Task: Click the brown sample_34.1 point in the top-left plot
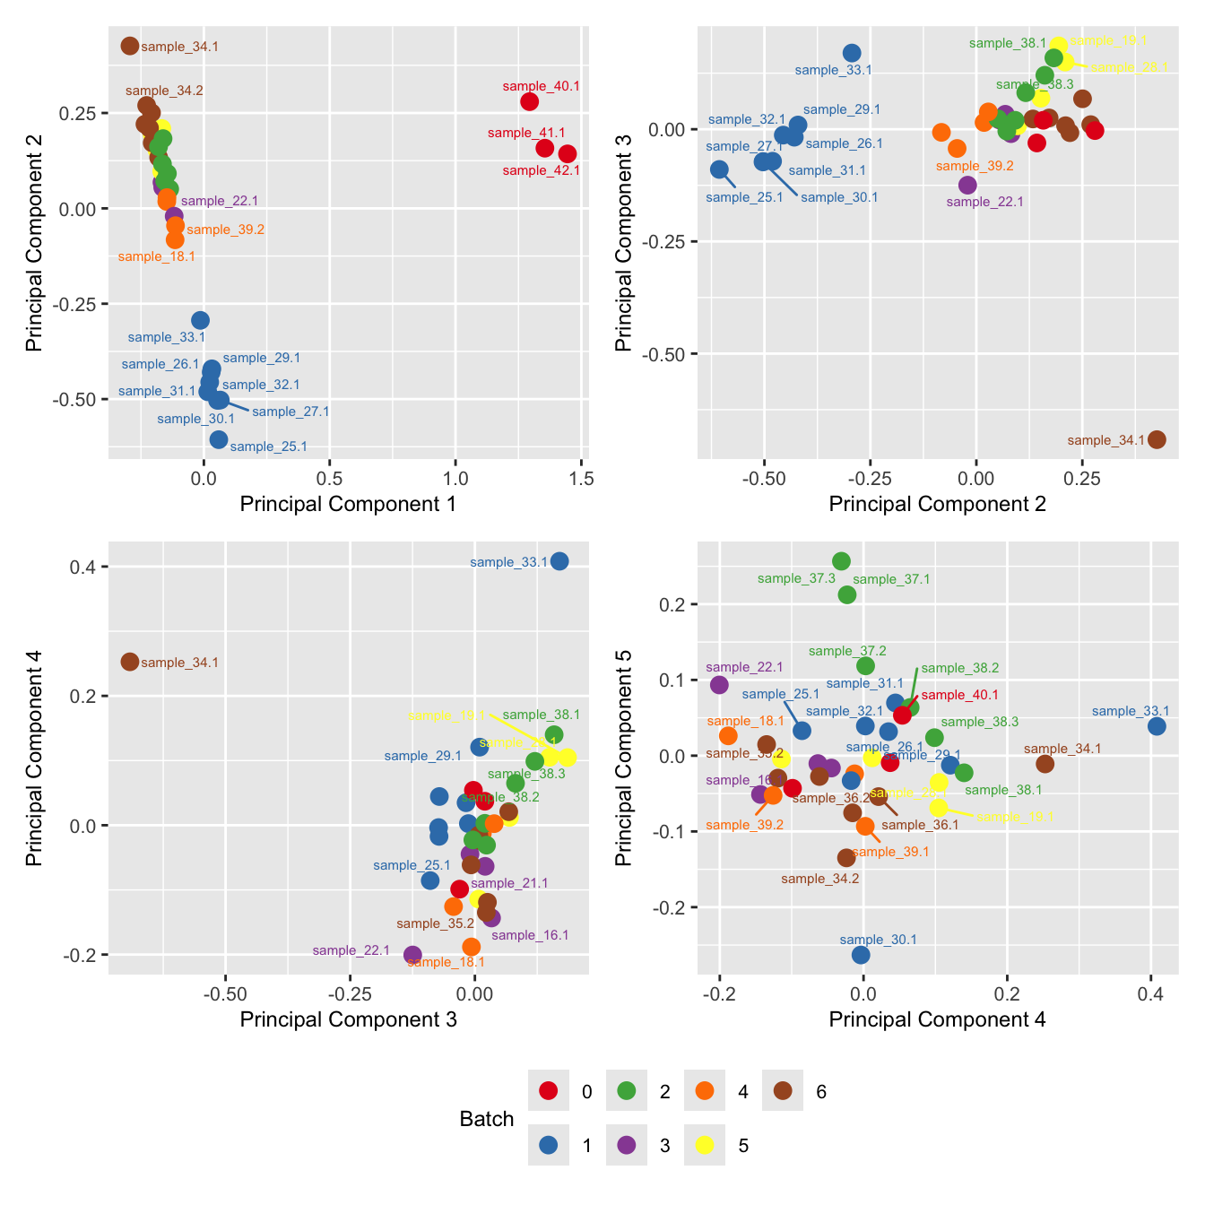coord(130,46)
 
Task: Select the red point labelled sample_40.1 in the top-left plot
coord(529,101)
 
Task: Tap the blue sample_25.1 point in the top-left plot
coord(219,439)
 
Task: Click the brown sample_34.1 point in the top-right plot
coord(1157,439)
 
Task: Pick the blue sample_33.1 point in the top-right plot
coord(852,53)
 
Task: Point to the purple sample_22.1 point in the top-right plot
coord(967,185)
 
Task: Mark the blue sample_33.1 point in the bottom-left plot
coord(559,561)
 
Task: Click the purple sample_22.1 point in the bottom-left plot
coord(412,955)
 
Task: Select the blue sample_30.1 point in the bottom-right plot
coord(861,955)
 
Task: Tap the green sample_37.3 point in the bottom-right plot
coord(841,561)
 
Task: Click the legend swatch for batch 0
coord(549,1091)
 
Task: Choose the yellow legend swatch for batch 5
coord(705,1145)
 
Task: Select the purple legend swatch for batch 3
coord(627,1145)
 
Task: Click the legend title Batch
coord(486,1119)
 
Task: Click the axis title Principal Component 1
coord(348,504)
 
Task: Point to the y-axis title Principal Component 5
coord(624,770)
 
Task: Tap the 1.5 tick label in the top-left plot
coord(582,478)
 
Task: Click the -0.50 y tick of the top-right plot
coord(665,354)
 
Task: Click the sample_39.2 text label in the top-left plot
coord(225,230)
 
